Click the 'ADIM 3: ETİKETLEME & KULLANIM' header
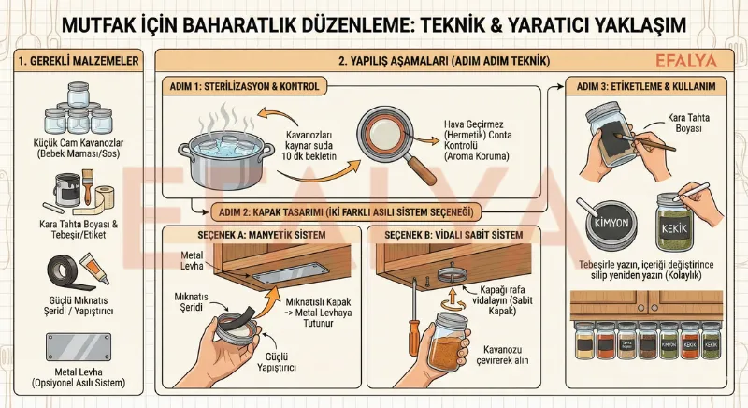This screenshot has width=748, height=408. click(x=651, y=87)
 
